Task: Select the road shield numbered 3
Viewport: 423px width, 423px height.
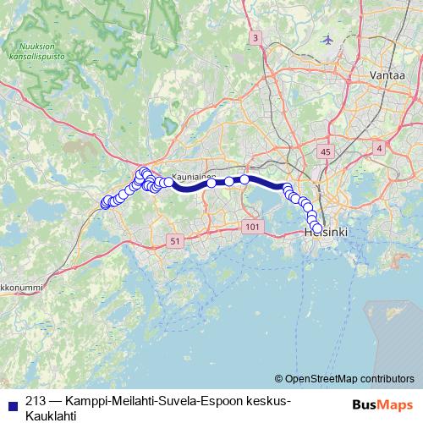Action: [x=255, y=38]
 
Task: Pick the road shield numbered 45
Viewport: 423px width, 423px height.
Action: [x=326, y=151]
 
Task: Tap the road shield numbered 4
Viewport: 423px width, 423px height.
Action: [x=379, y=149]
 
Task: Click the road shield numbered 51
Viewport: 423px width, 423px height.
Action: [x=174, y=241]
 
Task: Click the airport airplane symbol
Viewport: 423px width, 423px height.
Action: [x=328, y=40]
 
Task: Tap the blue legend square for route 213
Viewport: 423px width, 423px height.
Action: [x=10, y=402]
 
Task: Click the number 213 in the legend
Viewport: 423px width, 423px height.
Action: [x=36, y=401]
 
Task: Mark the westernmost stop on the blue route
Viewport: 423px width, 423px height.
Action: [x=106, y=203]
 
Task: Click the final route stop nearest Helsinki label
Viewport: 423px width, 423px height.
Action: [x=317, y=228]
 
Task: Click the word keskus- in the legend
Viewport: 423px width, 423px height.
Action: [x=264, y=401]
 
